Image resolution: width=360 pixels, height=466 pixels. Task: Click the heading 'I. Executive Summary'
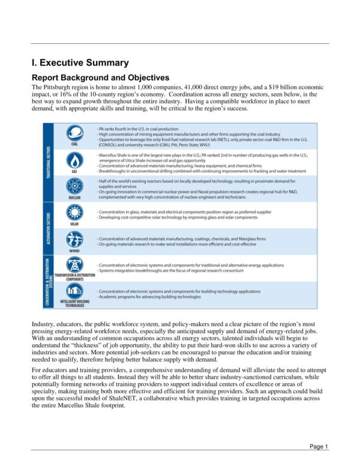click(80, 62)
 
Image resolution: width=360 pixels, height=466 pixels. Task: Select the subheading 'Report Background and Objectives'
click(100, 77)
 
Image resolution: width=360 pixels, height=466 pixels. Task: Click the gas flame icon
click(75, 161)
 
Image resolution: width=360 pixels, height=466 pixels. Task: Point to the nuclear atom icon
click(75, 187)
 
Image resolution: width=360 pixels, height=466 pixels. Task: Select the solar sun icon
click(75, 213)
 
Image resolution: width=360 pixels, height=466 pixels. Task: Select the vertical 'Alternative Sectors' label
click(48, 227)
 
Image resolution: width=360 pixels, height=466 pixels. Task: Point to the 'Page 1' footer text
click(319, 447)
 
